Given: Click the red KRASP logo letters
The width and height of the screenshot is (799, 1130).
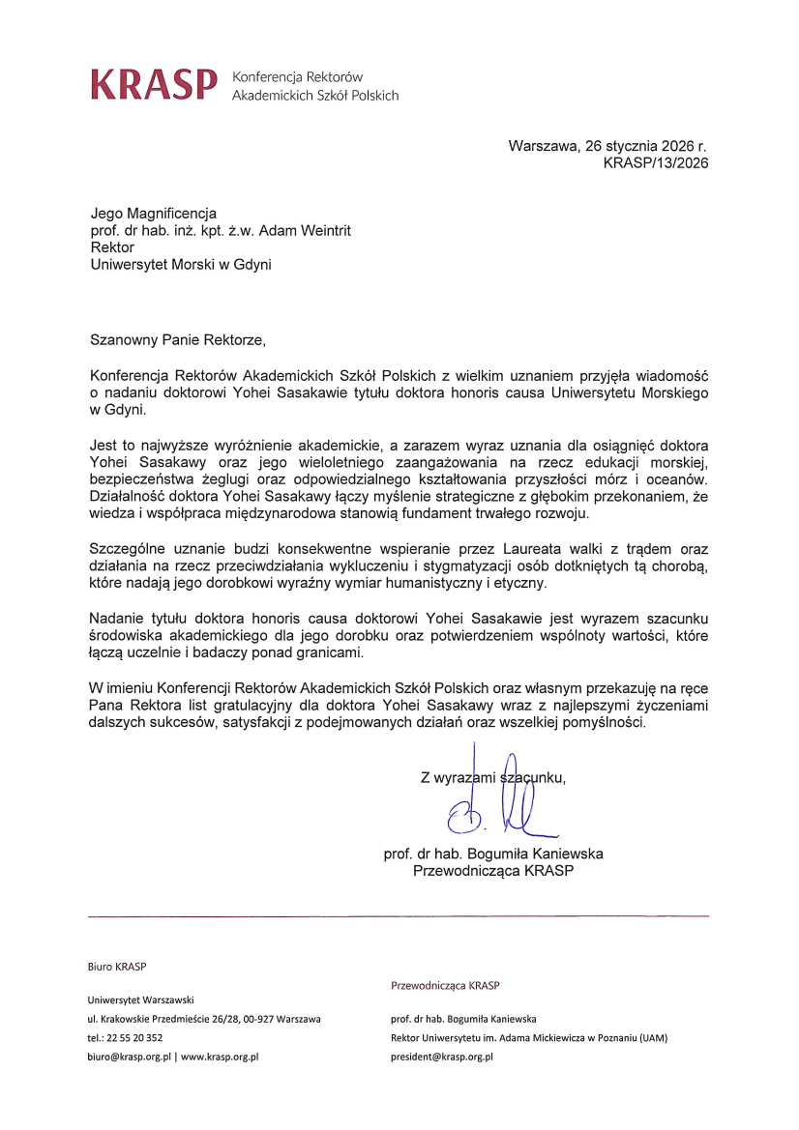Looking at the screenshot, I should pos(153,85).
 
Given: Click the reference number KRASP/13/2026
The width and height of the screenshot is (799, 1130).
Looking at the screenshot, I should pos(656,163).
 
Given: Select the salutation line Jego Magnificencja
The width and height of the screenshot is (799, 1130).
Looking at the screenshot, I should pos(154,213).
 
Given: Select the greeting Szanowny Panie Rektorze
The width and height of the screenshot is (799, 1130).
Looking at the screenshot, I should pos(177,340).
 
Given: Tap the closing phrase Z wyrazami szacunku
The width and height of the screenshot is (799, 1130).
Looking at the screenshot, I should pos(492,776).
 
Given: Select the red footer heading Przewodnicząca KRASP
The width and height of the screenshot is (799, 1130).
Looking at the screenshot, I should pos(445,986).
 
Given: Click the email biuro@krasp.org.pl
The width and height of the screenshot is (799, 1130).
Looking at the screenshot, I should pos(129,1057).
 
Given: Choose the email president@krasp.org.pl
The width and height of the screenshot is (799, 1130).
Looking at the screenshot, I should pos(442,1057).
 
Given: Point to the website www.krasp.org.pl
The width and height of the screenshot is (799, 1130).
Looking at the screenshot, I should pos(220,1057).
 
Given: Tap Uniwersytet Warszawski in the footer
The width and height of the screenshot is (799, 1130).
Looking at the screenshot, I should pos(141,1000).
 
